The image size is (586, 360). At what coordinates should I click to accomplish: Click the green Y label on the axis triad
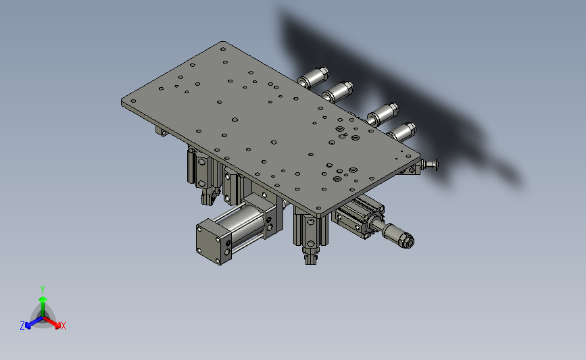(42, 290)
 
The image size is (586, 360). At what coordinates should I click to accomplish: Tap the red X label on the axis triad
(63, 326)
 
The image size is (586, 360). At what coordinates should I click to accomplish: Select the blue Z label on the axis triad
(22, 326)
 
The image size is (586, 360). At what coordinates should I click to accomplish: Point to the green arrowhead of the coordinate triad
(43, 299)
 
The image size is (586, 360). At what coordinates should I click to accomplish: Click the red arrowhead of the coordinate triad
(57, 326)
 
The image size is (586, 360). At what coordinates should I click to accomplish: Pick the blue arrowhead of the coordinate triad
(28, 326)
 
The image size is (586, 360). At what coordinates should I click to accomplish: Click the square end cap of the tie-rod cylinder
(212, 242)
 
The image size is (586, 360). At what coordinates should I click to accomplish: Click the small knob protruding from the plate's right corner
(429, 164)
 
